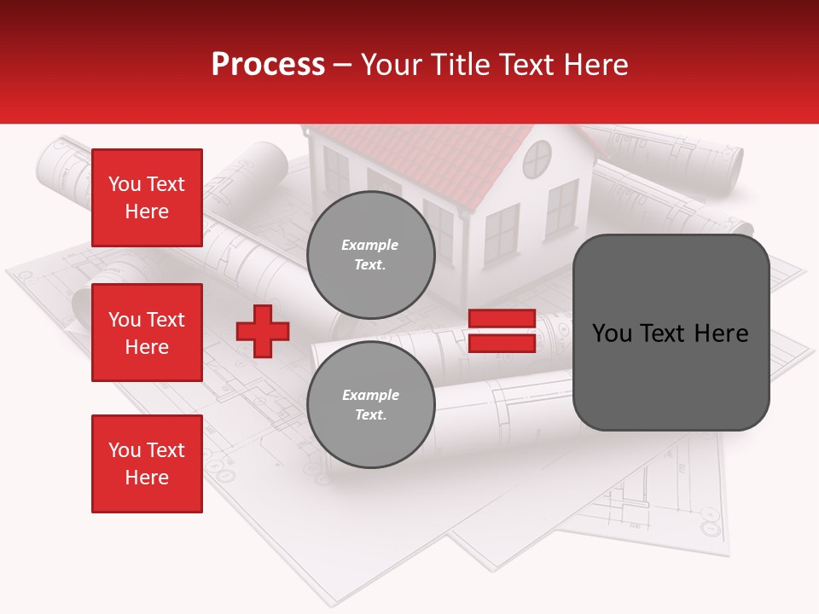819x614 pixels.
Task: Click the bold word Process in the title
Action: pyautogui.click(x=268, y=65)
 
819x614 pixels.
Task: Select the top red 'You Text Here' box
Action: pyautogui.click(x=147, y=198)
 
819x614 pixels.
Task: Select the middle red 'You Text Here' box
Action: pyautogui.click(x=147, y=333)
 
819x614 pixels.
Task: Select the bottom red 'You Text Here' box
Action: pyautogui.click(x=147, y=464)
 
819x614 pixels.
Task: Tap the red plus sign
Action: pyautogui.click(x=263, y=331)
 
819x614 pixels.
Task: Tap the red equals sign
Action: pyautogui.click(x=502, y=331)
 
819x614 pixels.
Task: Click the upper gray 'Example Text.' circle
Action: pyautogui.click(x=370, y=254)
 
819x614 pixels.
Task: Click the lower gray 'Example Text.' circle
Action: pyautogui.click(x=370, y=404)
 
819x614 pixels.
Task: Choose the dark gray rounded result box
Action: pyautogui.click(x=671, y=333)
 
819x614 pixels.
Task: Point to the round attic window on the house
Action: pyautogui.click(x=537, y=159)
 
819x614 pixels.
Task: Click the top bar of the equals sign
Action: pyautogui.click(x=502, y=319)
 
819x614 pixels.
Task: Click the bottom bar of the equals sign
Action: pyautogui.click(x=502, y=343)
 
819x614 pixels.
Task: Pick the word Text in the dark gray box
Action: pyautogui.click(x=669, y=333)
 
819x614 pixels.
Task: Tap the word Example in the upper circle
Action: pyautogui.click(x=370, y=245)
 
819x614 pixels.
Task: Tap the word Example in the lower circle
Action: pyautogui.click(x=370, y=395)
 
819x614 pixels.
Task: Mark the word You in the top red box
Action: pyautogui.click(x=125, y=184)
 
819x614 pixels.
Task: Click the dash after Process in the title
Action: pyautogui.click(x=342, y=66)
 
